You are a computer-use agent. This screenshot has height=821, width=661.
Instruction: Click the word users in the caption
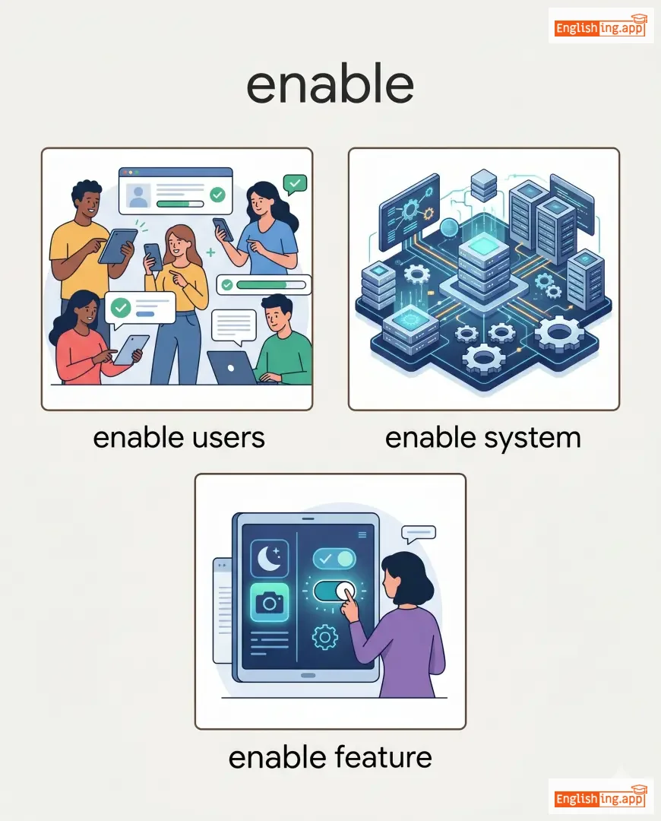(x=226, y=438)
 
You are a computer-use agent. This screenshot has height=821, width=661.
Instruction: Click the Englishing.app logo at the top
(x=600, y=27)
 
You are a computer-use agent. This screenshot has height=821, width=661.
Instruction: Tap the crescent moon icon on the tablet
(x=269, y=560)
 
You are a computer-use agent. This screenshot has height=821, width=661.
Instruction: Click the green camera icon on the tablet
(x=269, y=604)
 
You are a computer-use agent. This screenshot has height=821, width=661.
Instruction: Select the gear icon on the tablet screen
(x=324, y=636)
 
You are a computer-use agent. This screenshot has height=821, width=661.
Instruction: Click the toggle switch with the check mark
(x=334, y=559)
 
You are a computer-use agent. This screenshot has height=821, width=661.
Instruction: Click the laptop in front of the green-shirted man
(x=231, y=368)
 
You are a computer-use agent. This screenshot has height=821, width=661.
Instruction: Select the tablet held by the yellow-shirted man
(x=117, y=246)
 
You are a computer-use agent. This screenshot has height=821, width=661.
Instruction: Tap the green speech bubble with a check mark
(x=294, y=183)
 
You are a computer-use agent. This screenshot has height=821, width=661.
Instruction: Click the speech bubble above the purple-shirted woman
(x=418, y=534)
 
